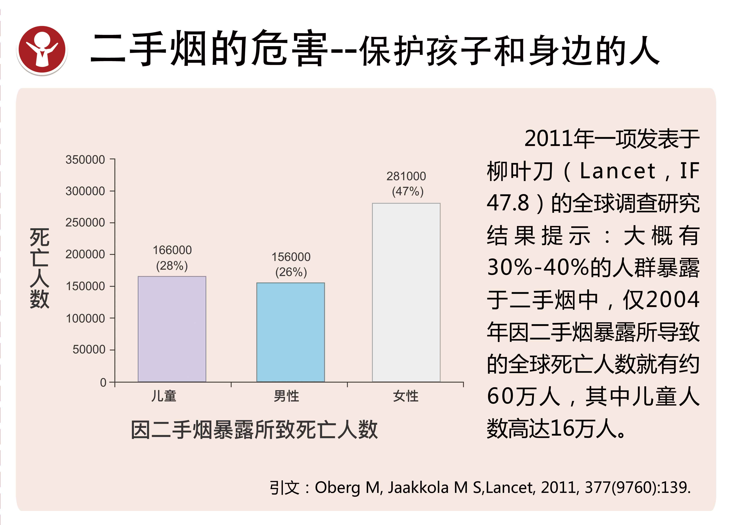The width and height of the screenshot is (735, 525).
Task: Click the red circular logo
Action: [42, 51]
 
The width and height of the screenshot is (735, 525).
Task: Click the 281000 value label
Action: [406, 176]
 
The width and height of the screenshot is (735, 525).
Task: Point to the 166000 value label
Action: [172, 250]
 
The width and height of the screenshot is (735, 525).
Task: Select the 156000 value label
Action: [291, 257]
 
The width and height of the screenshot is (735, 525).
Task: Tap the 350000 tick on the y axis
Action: [85, 160]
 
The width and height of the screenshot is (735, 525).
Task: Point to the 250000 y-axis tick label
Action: [85, 223]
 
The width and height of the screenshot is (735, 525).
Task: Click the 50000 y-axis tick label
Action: [89, 350]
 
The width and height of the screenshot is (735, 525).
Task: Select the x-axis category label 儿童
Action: [164, 396]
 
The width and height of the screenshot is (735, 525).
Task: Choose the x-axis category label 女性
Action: [406, 396]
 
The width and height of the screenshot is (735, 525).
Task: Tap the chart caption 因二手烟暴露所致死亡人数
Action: [254, 430]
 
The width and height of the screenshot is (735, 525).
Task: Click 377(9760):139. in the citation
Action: [637, 488]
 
